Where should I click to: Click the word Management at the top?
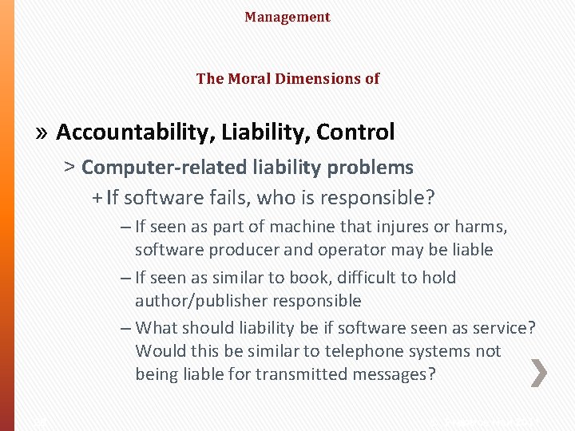(x=287, y=17)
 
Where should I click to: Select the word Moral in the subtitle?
(x=247, y=78)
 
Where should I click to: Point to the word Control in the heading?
(x=355, y=132)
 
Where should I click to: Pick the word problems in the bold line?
(x=374, y=168)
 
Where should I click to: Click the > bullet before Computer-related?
(x=70, y=168)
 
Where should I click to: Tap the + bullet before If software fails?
(x=97, y=196)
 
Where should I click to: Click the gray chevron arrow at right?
(x=539, y=373)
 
